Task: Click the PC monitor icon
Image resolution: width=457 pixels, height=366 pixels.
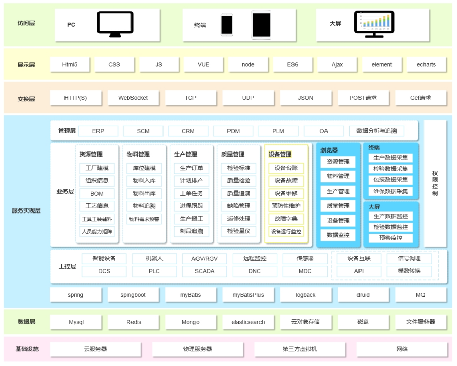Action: click(115, 24)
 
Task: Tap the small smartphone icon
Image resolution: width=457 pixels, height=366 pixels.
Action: click(227, 25)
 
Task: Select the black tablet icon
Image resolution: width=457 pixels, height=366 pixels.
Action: click(262, 25)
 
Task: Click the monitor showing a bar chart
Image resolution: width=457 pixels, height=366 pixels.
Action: click(374, 24)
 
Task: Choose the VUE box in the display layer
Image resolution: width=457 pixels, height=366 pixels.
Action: click(203, 65)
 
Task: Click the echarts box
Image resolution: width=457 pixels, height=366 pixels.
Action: click(426, 65)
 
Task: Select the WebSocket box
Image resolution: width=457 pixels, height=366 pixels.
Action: click(133, 98)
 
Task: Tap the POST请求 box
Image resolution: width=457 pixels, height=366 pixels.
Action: click(363, 98)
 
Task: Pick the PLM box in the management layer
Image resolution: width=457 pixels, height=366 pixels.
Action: click(278, 131)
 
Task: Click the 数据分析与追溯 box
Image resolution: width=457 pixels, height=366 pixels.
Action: click(377, 131)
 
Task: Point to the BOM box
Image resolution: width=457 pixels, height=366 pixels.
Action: click(97, 194)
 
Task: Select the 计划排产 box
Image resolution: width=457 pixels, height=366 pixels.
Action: click(191, 180)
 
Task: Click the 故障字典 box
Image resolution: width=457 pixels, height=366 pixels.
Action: click(286, 219)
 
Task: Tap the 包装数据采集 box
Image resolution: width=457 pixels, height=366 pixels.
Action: click(390, 180)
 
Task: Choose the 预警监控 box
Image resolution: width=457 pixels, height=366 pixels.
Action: click(390, 238)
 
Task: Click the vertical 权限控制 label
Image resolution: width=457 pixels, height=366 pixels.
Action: click(435, 184)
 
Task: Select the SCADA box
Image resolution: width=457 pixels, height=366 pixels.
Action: click(204, 271)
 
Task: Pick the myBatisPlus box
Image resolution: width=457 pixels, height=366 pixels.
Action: click(248, 295)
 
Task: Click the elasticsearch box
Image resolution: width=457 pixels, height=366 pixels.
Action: click(248, 322)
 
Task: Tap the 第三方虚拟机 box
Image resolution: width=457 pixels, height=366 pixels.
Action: click(300, 349)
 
